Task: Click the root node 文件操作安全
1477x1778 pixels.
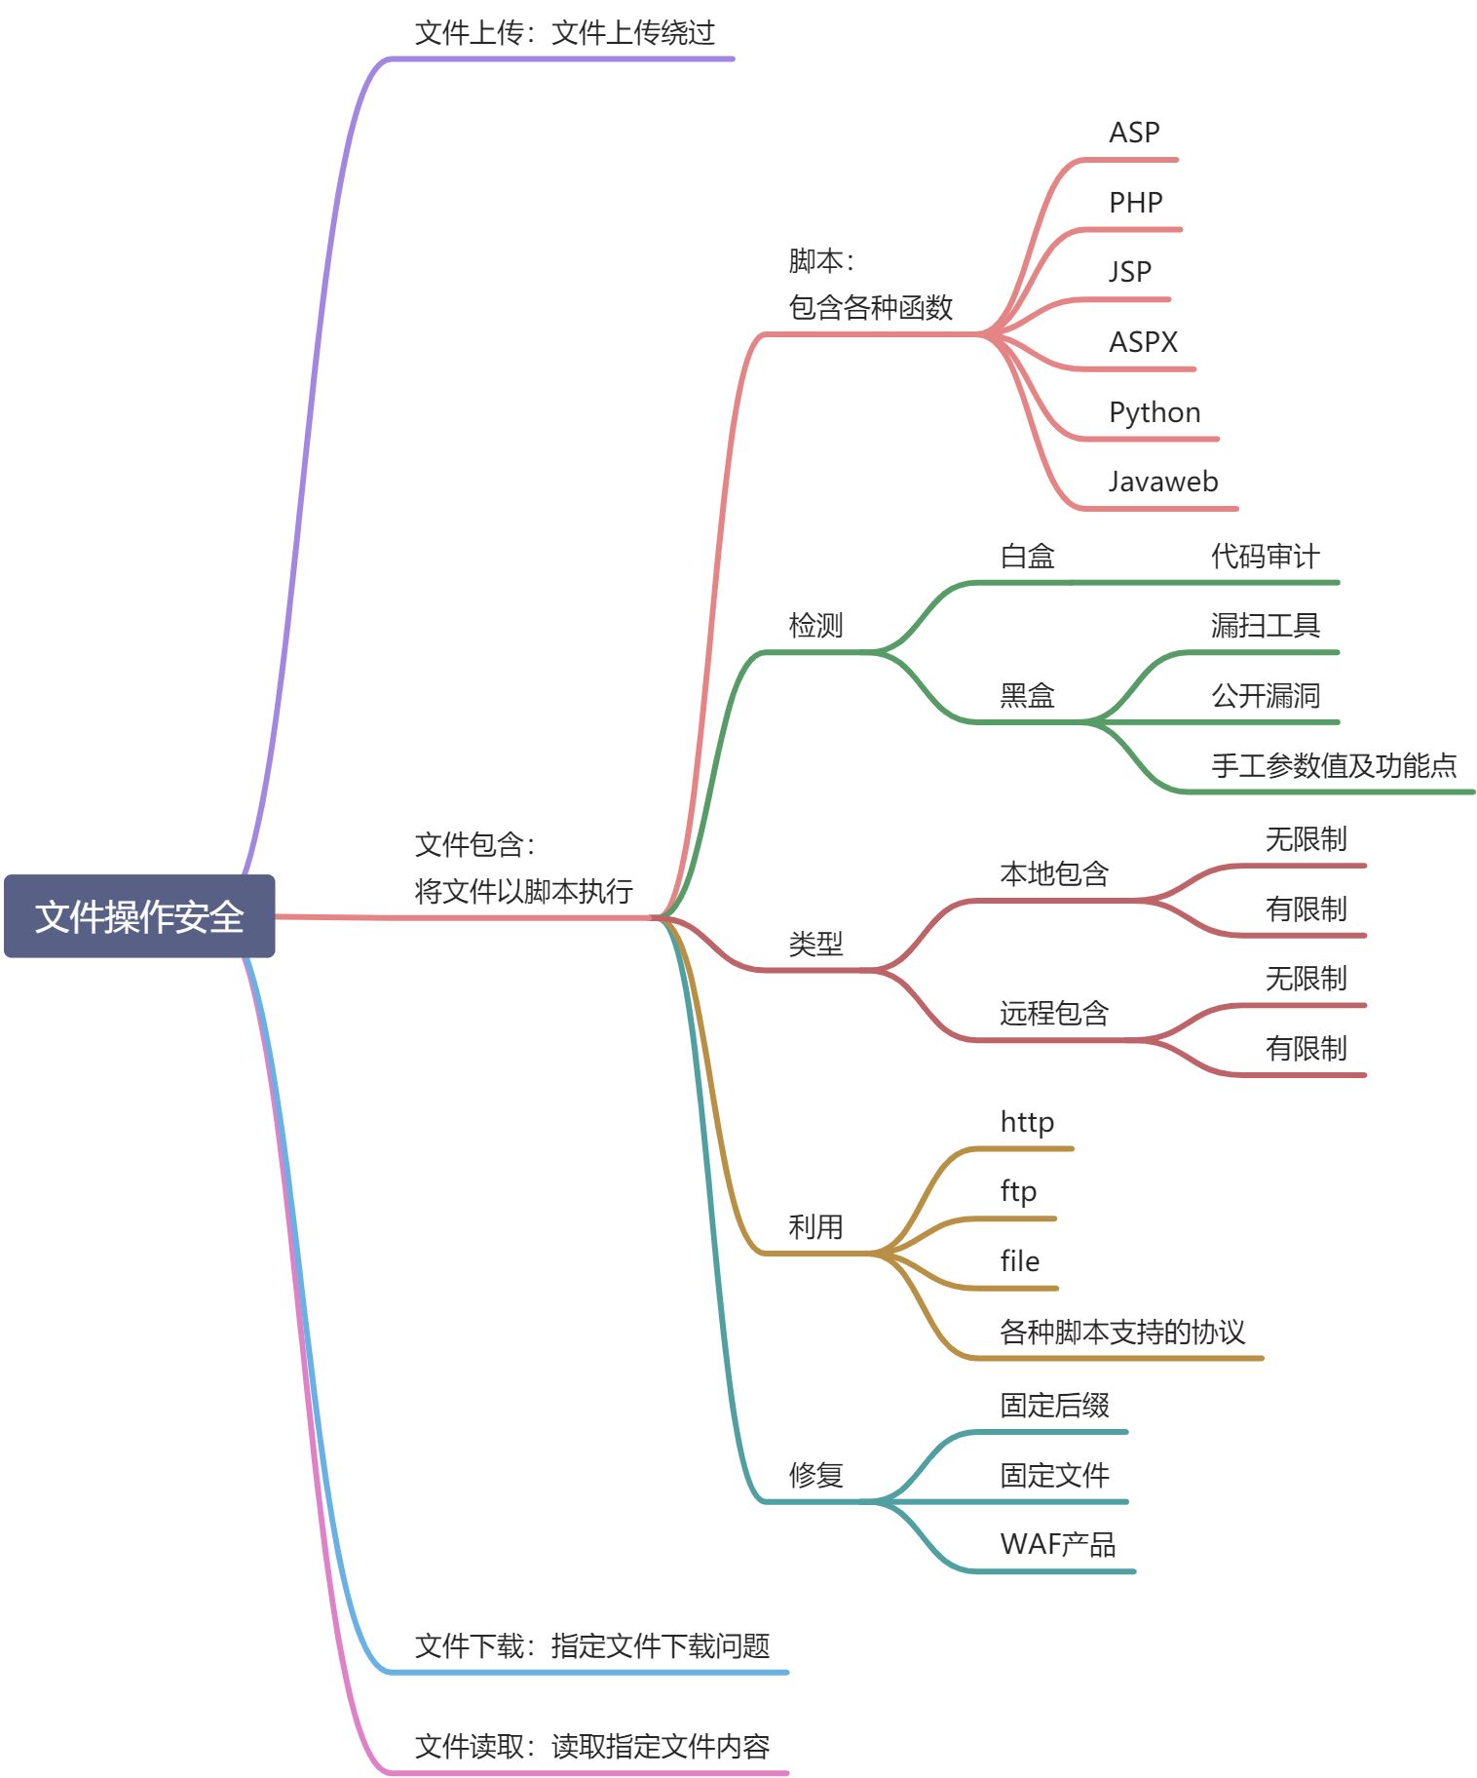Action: coord(139,916)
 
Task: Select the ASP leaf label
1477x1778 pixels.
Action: coord(1134,133)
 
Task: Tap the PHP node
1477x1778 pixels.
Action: coord(1135,203)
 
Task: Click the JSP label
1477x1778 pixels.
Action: coord(1129,272)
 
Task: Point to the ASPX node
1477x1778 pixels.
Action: coord(1143,342)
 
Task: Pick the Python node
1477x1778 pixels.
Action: coord(1155,412)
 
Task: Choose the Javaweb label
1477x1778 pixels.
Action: coord(1163,482)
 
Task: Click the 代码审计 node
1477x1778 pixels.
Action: coord(1265,557)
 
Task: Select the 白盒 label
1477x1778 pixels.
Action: coord(1027,557)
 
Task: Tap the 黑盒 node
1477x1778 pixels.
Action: coord(1027,696)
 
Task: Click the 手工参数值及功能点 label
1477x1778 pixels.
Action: coord(1333,766)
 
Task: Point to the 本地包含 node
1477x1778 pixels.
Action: coord(1054,874)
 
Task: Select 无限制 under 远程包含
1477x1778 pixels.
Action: coord(1306,979)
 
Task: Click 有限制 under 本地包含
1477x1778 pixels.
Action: coord(1306,909)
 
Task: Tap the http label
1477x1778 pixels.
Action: coord(1027,1122)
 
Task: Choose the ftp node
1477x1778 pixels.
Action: coord(1018,1191)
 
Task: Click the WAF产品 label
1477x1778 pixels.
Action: coord(1057,1545)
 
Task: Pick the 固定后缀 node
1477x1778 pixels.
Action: coord(1054,1406)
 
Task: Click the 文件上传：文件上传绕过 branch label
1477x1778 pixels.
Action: coord(564,33)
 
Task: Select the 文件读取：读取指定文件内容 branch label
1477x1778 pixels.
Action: coord(591,1747)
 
